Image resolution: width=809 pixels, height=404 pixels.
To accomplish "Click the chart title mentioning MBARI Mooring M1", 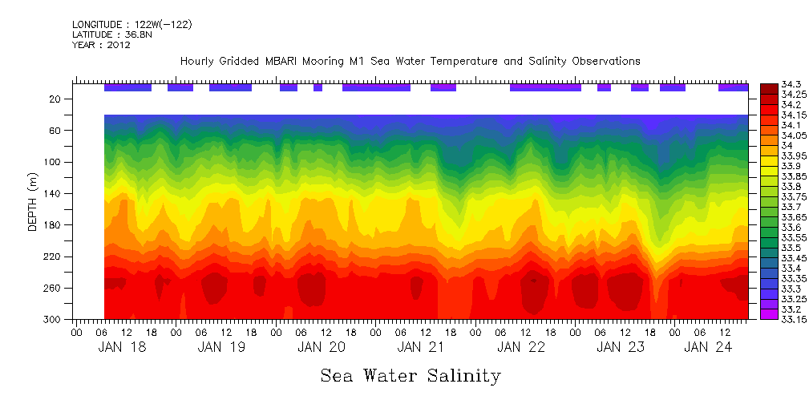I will click(x=410, y=62).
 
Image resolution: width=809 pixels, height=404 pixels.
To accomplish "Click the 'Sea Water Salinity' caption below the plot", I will click(x=411, y=375).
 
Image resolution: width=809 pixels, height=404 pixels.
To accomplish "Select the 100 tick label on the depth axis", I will click(x=55, y=162).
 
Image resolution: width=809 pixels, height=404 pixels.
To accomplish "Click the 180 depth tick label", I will click(x=55, y=225).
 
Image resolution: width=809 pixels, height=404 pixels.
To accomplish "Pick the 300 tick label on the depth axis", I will click(x=55, y=320).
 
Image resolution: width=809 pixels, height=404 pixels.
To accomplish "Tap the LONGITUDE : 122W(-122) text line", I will click(x=131, y=25).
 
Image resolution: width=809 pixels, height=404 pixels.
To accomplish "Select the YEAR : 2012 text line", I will click(x=101, y=45).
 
